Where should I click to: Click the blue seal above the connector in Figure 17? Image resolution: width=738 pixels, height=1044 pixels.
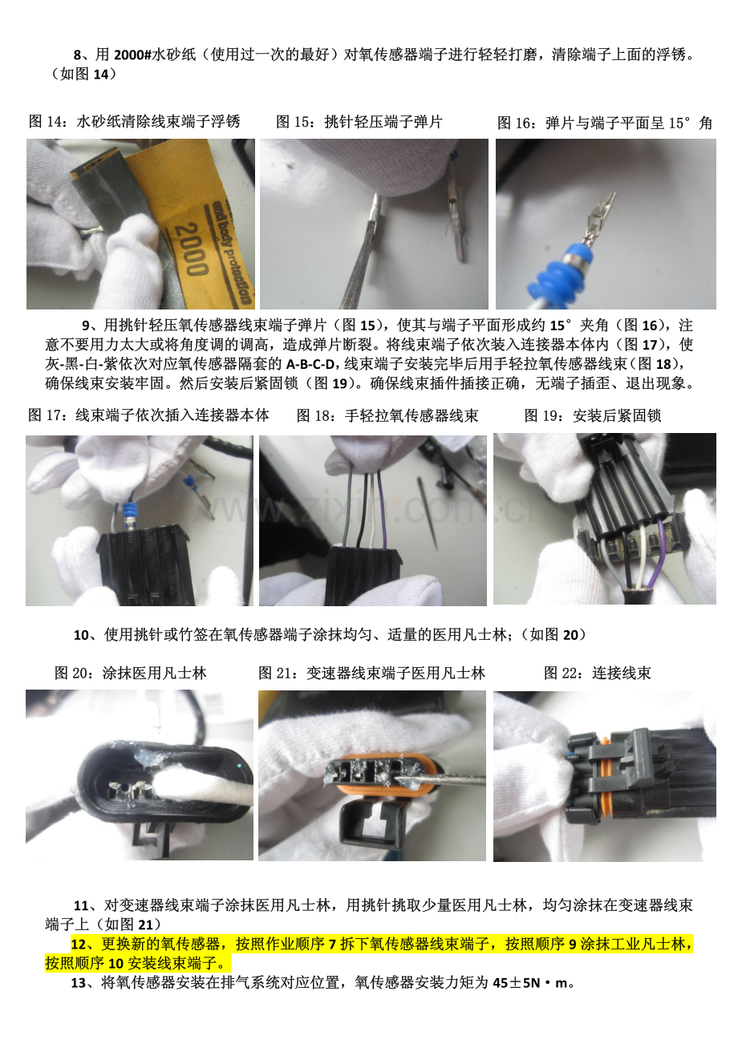click(130, 511)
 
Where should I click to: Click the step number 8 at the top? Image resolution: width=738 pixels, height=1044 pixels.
click(77, 55)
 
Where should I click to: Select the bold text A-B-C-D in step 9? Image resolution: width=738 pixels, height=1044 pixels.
click(310, 364)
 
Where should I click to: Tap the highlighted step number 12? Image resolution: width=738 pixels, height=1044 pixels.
click(79, 945)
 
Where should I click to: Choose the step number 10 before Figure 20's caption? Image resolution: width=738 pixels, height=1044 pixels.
click(81, 635)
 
